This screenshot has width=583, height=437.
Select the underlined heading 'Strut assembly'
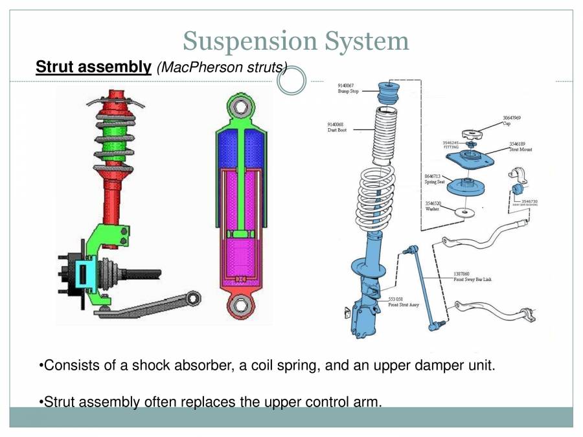[93, 67]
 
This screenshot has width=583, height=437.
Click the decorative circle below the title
[291, 81]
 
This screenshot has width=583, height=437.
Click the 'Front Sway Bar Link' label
[472, 278]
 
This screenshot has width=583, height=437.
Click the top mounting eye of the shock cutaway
[240, 106]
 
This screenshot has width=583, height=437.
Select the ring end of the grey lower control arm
[194, 297]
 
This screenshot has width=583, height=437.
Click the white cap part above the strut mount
[472, 134]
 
